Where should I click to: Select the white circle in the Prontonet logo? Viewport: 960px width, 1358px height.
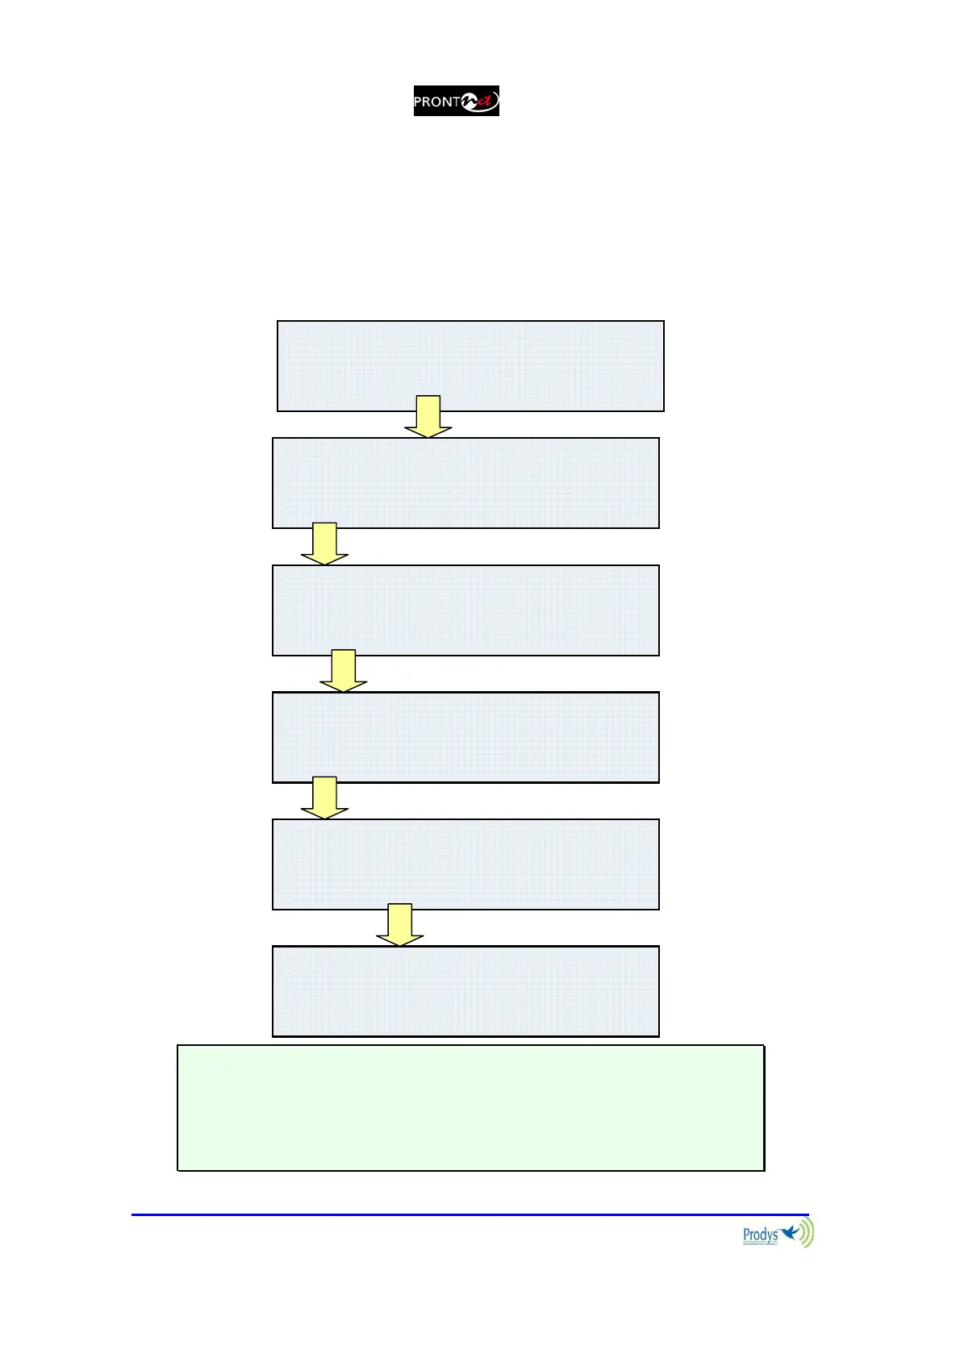point(469,102)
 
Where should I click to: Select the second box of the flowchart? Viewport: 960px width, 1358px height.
point(465,483)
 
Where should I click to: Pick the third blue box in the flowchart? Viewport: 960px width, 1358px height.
point(465,610)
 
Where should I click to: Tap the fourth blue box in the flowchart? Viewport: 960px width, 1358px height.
point(465,737)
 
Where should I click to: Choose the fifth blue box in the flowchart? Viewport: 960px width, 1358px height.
point(465,864)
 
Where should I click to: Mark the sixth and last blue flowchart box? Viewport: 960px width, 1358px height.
point(465,991)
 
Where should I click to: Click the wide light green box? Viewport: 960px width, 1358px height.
point(470,1108)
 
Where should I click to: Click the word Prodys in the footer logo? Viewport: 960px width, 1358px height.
point(760,1234)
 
